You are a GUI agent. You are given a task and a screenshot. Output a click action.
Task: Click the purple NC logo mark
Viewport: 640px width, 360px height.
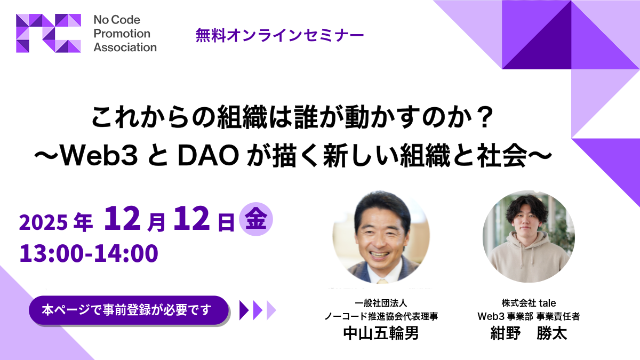coord(49,33)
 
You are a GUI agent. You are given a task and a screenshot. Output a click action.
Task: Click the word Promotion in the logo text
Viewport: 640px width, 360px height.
coord(122,34)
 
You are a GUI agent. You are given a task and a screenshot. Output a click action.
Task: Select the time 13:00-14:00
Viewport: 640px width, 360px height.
coord(89,252)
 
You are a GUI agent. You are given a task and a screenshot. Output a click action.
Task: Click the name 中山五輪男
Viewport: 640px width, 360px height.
coord(380,333)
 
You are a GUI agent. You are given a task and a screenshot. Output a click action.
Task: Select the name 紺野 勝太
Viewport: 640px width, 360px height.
coord(528,333)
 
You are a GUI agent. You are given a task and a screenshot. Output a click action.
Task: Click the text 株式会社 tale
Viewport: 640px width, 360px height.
coord(529,302)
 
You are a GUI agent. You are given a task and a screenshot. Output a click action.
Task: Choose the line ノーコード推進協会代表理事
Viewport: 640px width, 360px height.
coord(381,316)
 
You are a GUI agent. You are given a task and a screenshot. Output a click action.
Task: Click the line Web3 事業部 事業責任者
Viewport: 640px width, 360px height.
coord(529,316)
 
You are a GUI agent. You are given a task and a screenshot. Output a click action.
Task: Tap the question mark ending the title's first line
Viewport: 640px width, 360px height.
coord(483,118)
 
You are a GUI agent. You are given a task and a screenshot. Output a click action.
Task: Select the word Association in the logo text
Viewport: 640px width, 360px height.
coord(125,47)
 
